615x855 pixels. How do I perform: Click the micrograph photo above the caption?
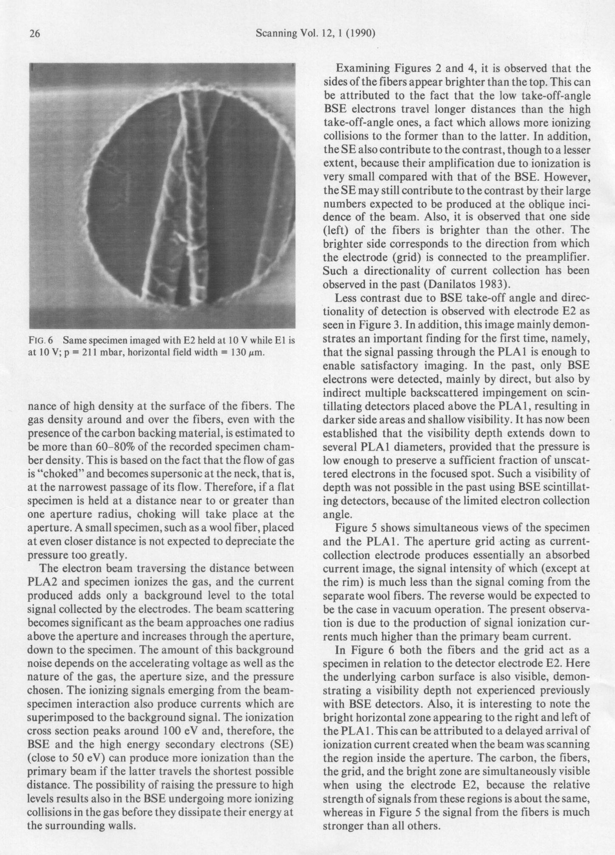coord(162,196)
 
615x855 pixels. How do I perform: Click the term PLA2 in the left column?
coord(43,581)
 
